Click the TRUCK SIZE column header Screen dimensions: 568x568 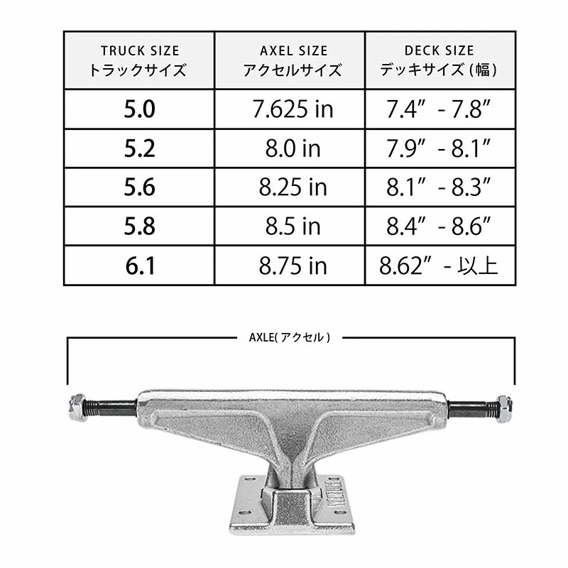click(139, 60)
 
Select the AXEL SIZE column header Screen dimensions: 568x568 click(290, 60)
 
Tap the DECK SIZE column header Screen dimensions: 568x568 click(440, 60)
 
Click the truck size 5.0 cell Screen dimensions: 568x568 click(139, 109)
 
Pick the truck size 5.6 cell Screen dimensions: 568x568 click(139, 187)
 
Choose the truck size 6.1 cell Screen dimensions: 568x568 click(139, 266)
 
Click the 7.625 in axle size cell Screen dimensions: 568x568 click(290, 109)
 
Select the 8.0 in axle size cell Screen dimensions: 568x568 click(290, 148)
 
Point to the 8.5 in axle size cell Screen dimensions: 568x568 click(290, 226)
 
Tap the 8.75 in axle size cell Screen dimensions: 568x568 click(290, 266)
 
